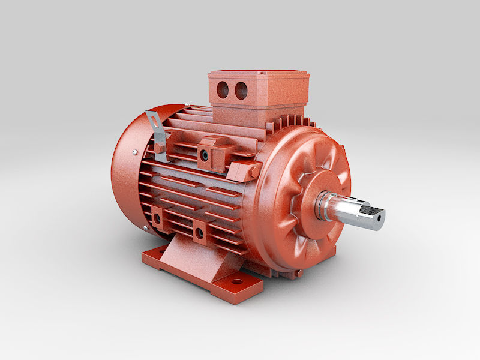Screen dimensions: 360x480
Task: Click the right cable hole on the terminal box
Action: [x=241, y=91]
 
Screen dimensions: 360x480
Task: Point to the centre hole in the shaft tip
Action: [x=378, y=218]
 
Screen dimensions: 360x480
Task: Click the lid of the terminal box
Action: [x=258, y=77]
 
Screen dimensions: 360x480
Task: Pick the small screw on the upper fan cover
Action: [x=137, y=150]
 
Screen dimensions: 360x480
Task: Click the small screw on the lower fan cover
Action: [x=146, y=228]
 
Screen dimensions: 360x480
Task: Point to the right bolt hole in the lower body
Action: [x=199, y=232]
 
